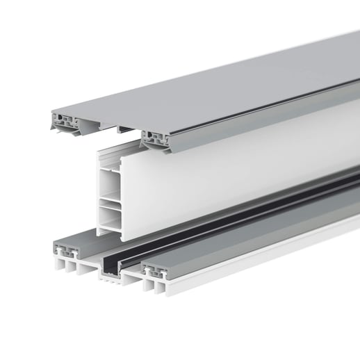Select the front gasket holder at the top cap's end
point(159,138)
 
